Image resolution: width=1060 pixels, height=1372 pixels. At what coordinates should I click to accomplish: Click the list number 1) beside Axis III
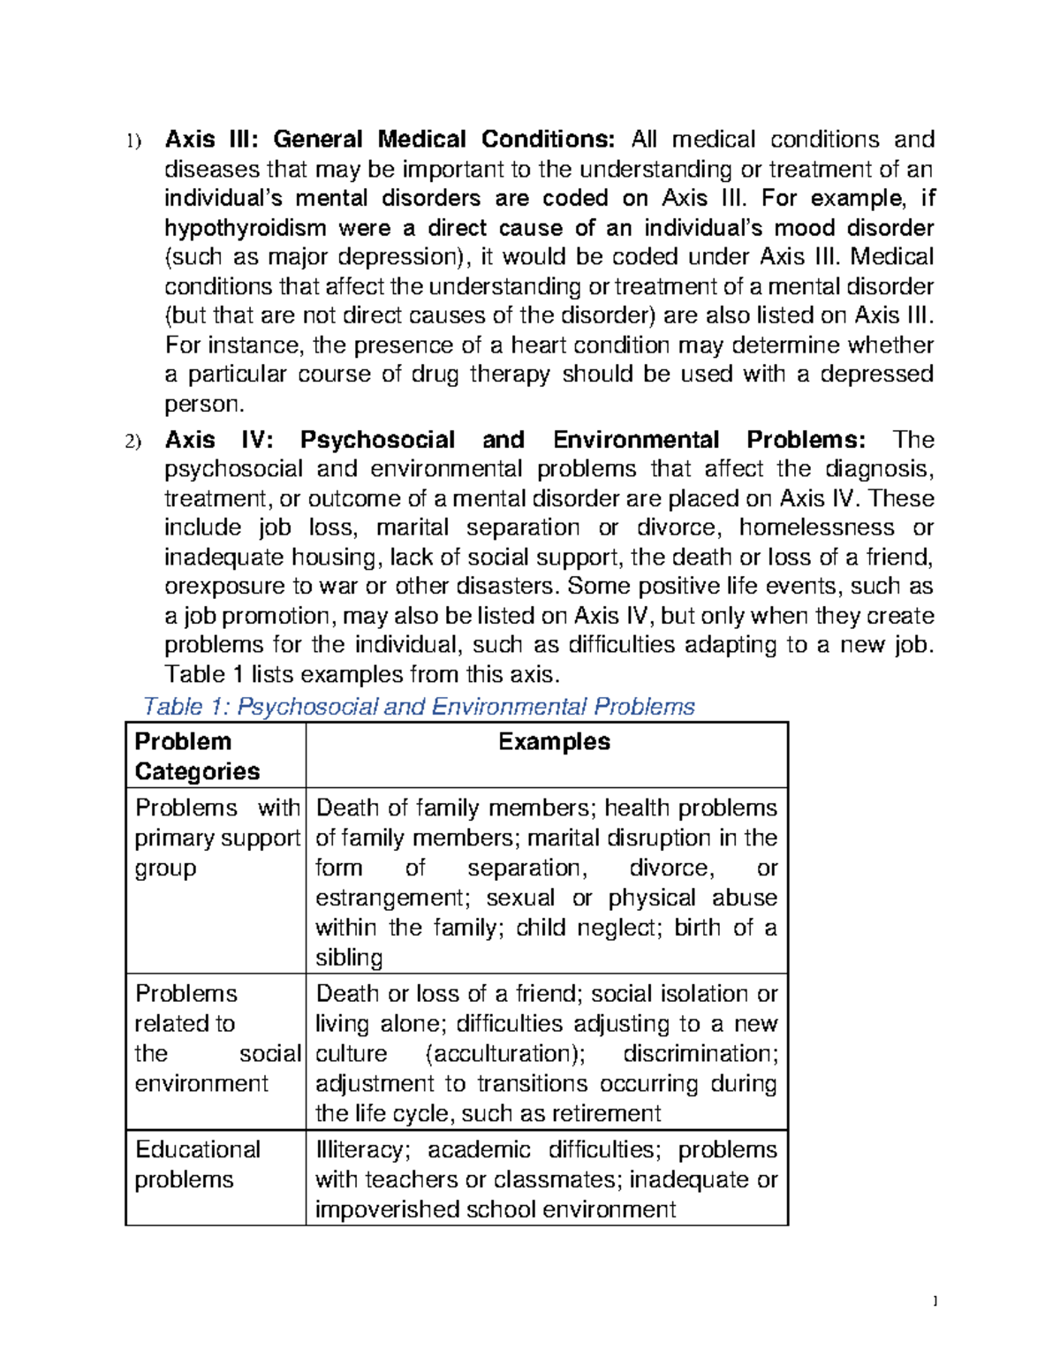click(x=132, y=141)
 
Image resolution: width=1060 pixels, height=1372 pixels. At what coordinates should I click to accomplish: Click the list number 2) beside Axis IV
click(x=132, y=442)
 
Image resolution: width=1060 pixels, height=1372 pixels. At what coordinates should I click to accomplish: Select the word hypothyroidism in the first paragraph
click(x=246, y=228)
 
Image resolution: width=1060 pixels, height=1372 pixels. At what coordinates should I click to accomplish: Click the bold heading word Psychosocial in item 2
click(x=377, y=440)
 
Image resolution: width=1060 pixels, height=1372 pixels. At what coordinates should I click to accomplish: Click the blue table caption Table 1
click(x=418, y=707)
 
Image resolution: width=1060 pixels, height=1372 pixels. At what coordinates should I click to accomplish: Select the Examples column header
click(x=554, y=742)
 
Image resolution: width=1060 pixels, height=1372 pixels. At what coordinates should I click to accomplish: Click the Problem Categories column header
click(x=197, y=756)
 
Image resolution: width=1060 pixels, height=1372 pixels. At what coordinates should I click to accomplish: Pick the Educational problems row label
click(x=197, y=1164)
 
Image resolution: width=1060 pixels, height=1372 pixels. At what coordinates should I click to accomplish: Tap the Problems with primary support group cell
click(x=216, y=838)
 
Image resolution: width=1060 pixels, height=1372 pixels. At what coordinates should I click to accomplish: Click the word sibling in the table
click(x=349, y=958)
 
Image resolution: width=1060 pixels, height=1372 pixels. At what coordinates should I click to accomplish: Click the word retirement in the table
click(x=606, y=1113)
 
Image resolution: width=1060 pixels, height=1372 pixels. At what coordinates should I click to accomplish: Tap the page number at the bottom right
click(x=935, y=1300)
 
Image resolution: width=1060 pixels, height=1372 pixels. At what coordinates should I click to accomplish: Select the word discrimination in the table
click(x=699, y=1054)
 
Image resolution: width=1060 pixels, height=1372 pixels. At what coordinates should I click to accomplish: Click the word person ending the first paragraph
click(x=202, y=405)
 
